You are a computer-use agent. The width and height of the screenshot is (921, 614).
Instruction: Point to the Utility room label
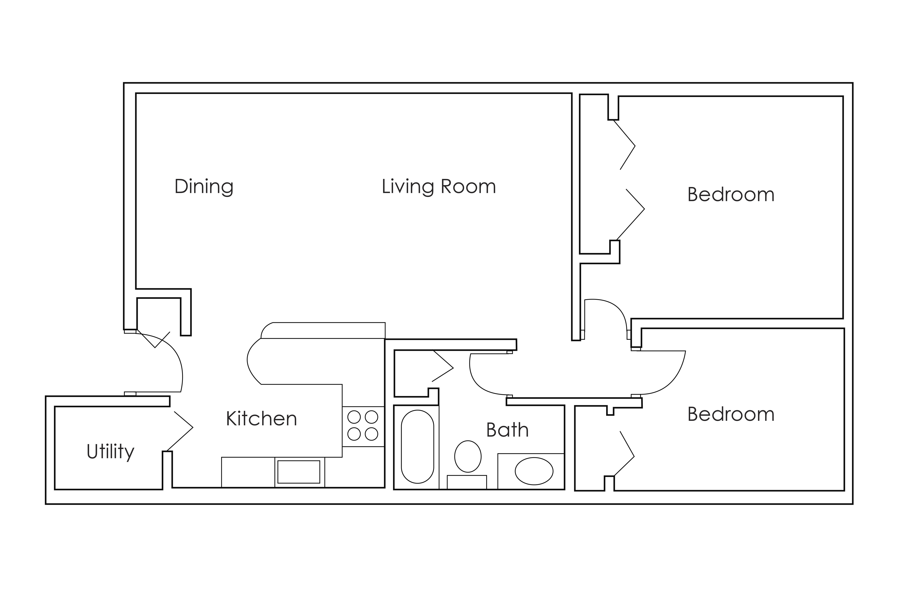click(x=111, y=451)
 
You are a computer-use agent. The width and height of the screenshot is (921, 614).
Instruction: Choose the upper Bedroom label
click(x=731, y=195)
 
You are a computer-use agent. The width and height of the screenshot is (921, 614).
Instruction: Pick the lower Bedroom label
click(x=731, y=414)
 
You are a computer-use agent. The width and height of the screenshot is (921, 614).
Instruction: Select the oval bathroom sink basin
click(x=534, y=471)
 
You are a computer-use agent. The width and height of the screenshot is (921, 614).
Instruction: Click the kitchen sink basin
click(x=299, y=472)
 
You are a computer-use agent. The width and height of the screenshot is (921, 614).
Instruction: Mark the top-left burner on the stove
click(x=354, y=417)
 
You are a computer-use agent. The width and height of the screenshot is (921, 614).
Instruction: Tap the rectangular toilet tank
click(x=467, y=482)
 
